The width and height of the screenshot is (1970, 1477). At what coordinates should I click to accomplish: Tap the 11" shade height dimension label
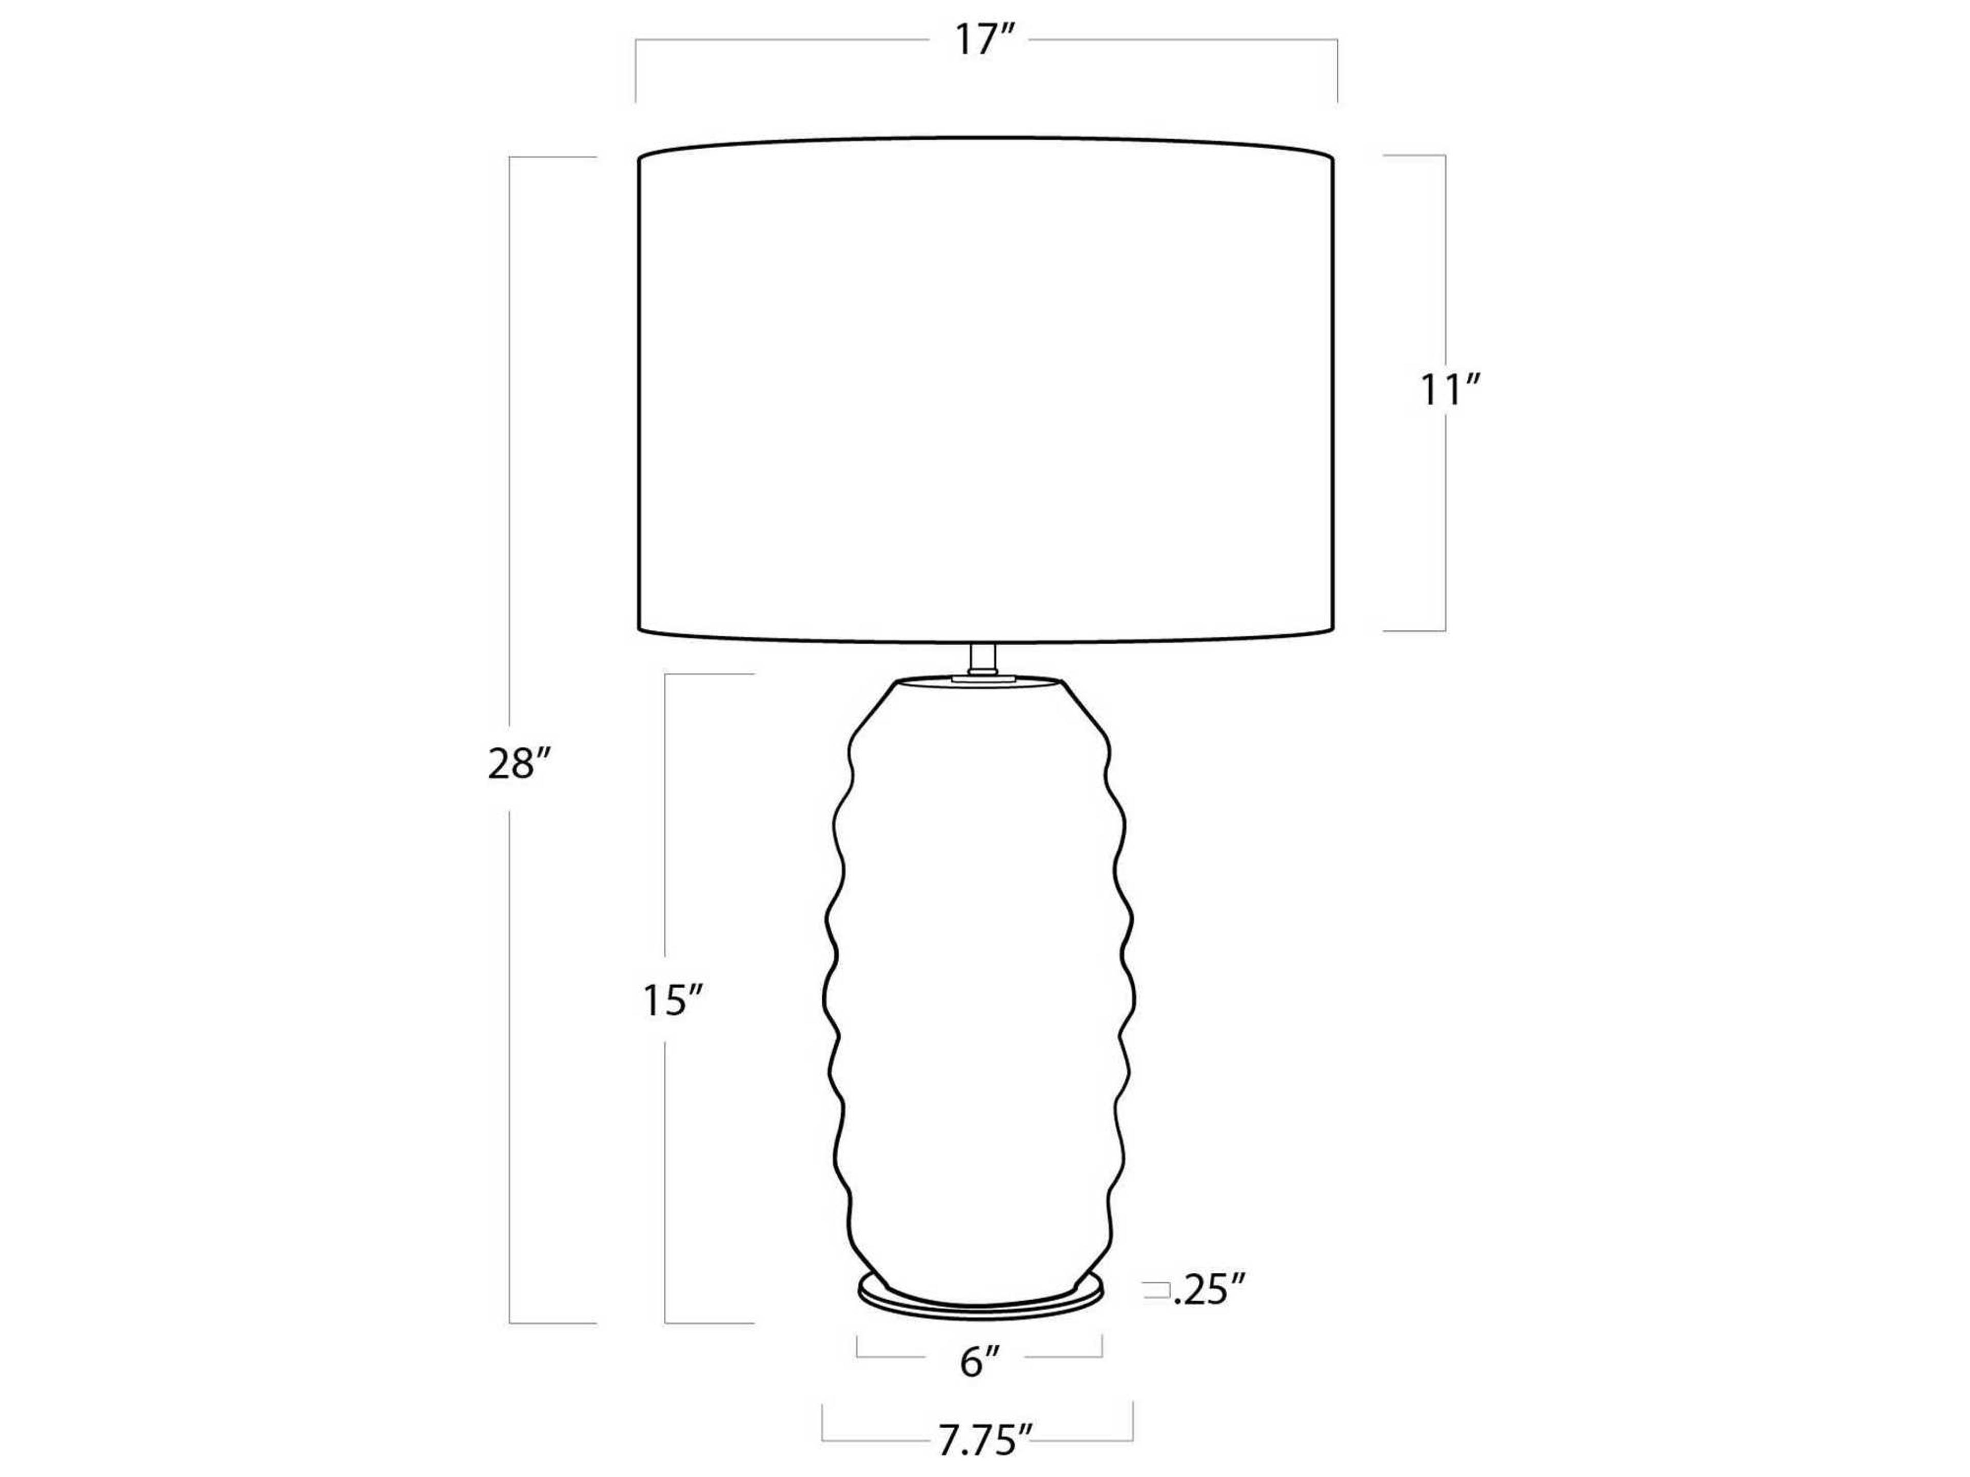point(1450,392)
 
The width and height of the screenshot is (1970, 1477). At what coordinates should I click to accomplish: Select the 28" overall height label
point(521,764)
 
